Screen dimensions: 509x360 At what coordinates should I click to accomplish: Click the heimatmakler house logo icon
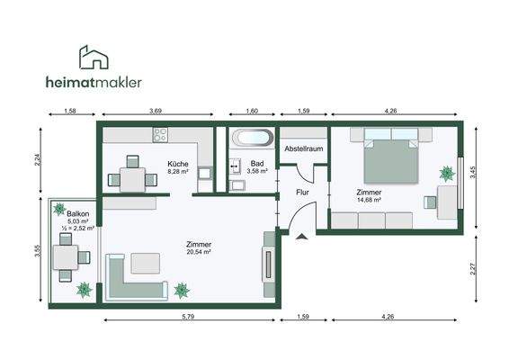(94, 58)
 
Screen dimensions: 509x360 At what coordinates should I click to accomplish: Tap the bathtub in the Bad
(252, 138)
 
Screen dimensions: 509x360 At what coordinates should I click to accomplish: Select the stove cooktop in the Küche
(160, 135)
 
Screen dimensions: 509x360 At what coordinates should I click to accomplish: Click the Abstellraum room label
(304, 148)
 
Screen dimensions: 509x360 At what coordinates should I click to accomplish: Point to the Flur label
(302, 193)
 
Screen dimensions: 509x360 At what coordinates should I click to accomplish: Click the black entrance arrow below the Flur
(302, 237)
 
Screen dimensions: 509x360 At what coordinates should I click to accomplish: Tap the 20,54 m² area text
(199, 251)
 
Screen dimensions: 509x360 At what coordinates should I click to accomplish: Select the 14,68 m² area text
(369, 200)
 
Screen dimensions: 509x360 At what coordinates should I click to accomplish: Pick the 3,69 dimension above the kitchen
(156, 111)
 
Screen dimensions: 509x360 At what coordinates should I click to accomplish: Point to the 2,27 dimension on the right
(473, 269)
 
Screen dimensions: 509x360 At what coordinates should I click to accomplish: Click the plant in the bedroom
(447, 174)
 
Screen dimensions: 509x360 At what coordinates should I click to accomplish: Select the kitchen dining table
(132, 180)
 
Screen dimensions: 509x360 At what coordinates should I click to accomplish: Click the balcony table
(66, 257)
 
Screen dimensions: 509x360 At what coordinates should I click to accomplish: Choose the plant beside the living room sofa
(182, 291)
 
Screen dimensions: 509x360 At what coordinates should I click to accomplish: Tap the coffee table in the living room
(146, 263)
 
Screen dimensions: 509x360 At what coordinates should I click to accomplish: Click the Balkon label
(78, 214)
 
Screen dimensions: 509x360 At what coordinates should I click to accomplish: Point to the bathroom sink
(236, 166)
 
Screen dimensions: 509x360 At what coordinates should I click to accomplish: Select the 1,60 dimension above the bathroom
(252, 111)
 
